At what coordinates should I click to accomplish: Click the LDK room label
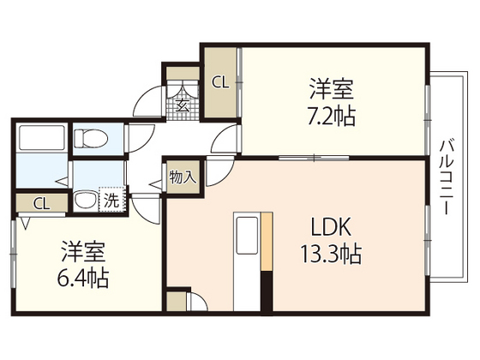pos(331,227)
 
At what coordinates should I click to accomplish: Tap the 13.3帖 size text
pos(331,254)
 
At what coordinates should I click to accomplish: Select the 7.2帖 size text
pos(331,117)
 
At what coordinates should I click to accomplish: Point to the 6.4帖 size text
pos(83,278)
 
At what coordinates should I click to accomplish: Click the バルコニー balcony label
pos(447,177)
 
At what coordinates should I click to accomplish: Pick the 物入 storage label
pos(183,177)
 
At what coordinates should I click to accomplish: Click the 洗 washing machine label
pos(111,201)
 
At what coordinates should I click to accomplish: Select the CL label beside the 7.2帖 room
pos(221,82)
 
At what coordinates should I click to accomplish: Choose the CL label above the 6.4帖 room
pos(41,204)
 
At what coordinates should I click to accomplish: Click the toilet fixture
pos(91,138)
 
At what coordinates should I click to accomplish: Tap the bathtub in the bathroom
pos(42,137)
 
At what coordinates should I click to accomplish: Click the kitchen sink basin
pos(247,236)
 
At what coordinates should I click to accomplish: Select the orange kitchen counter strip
pos(267,242)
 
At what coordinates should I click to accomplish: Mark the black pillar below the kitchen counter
pos(267,292)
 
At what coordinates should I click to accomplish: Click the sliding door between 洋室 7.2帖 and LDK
pos(314,159)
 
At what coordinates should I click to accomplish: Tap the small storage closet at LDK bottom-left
pos(177,301)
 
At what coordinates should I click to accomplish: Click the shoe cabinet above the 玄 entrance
pos(183,74)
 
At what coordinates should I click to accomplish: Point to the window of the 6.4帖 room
pos(13,254)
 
